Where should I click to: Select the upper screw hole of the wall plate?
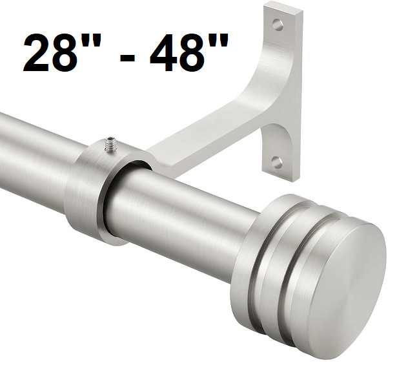point(278,25)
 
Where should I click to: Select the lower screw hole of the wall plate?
point(277,162)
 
